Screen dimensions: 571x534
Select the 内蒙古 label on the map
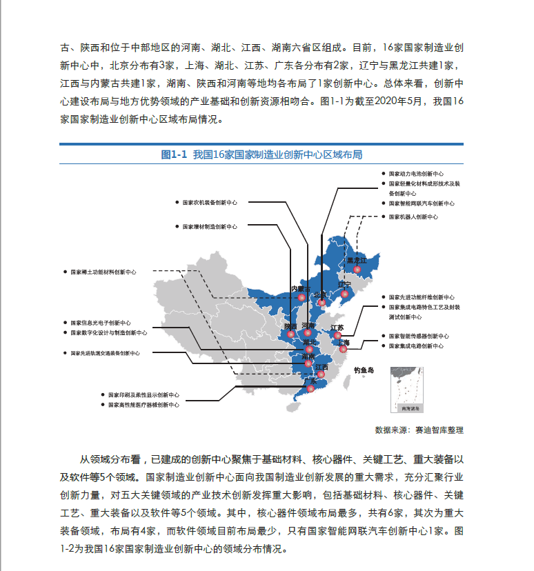coord(301,288)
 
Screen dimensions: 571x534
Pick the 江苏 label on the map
coord(337,328)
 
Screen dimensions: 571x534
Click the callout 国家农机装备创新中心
coord(209,203)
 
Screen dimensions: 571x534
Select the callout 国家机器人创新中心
coord(413,217)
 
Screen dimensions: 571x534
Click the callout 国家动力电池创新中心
coord(416,174)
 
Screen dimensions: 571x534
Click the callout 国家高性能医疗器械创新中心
coord(144,405)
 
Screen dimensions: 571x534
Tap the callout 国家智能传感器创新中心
coord(418,336)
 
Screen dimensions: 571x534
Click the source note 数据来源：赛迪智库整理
coord(419,430)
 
